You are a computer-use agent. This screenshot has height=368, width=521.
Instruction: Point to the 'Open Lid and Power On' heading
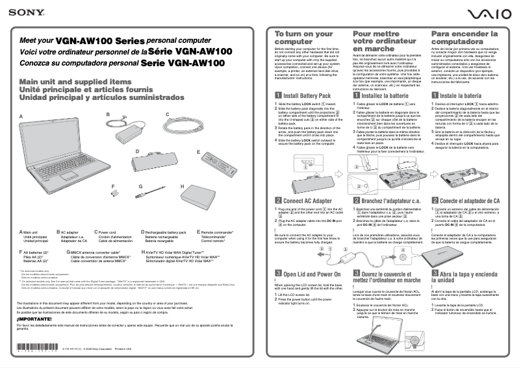click(311, 275)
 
